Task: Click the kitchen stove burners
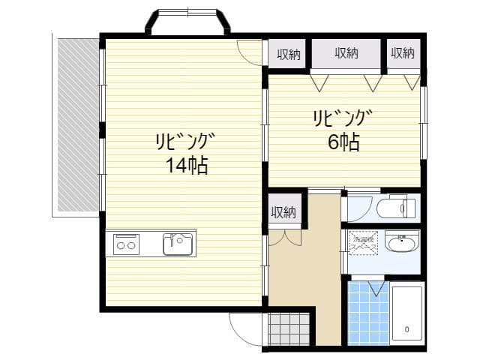(125, 244)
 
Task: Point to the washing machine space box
(364, 241)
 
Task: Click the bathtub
(408, 313)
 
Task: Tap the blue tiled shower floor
(369, 312)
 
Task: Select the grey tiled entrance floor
(289, 328)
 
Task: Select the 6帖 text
(343, 142)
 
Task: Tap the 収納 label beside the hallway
(283, 211)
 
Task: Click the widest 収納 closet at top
(346, 53)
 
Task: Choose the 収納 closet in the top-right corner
(403, 53)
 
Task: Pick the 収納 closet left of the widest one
(288, 53)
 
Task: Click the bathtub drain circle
(407, 329)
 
